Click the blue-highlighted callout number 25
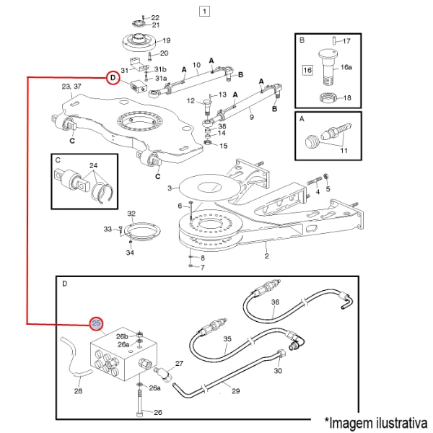pyautogui.click(x=95, y=323)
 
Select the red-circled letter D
pyautogui.click(x=112, y=78)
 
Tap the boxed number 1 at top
pyautogui.click(x=205, y=12)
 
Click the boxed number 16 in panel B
pyautogui.click(x=307, y=70)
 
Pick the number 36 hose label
pyautogui.click(x=275, y=302)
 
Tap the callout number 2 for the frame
pyautogui.click(x=266, y=255)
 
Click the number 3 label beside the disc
pyautogui.click(x=170, y=188)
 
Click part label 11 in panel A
pyautogui.click(x=344, y=149)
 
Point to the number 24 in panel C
pyautogui.click(x=93, y=165)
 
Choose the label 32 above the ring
pyautogui.click(x=131, y=214)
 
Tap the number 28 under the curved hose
pyautogui.click(x=78, y=390)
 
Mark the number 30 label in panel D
pyautogui.click(x=278, y=372)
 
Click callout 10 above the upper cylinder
pyautogui.click(x=196, y=65)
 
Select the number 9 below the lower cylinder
pyautogui.click(x=252, y=115)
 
